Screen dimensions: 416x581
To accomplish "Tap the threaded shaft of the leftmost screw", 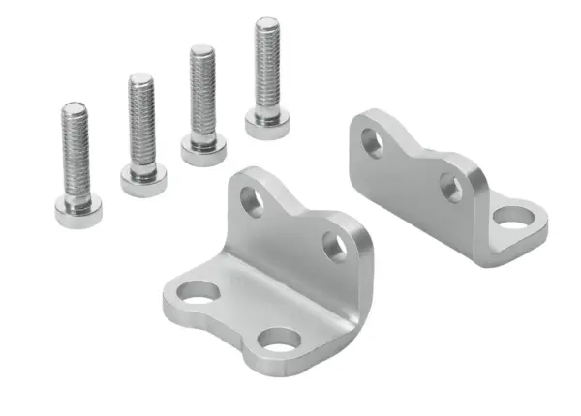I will (x=75, y=145).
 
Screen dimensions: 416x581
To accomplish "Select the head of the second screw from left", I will (x=143, y=181).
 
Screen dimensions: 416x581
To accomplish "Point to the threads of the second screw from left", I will (x=141, y=116).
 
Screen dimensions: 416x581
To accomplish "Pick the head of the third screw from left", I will (x=203, y=152).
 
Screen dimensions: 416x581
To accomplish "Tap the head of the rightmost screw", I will (x=267, y=125).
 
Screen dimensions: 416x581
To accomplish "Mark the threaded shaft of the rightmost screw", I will (x=267, y=63).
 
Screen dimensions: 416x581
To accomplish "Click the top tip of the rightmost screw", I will (x=267, y=21).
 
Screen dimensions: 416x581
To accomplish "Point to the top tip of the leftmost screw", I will (x=74, y=106).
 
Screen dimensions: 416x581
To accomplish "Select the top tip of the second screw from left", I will (x=140, y=76).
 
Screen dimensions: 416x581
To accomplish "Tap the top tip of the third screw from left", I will (x=201, y=48).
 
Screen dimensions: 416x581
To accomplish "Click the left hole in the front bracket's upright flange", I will (x=252, y=200).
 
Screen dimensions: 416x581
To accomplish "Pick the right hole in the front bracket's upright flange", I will (x=334, y=247).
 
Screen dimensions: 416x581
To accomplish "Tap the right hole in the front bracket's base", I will (x=282, y=341).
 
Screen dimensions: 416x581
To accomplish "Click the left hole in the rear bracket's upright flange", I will (x=373, y=143).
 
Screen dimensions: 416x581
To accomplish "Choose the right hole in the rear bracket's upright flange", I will (x=451, y=187).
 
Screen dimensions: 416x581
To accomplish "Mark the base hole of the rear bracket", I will (x=512, y=216).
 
